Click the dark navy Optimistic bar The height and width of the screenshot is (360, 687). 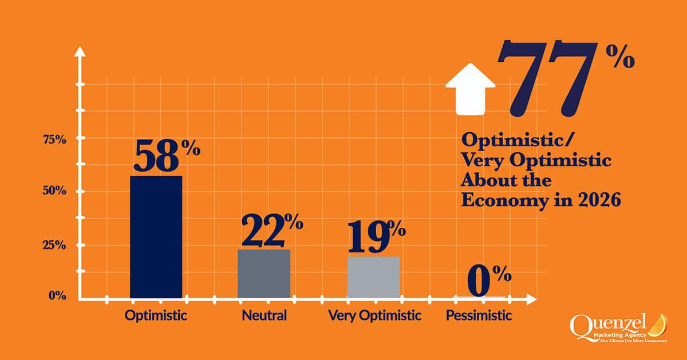point(156,236)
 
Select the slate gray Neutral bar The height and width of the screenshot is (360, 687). point(264,273)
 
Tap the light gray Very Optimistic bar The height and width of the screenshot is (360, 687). point(373,277)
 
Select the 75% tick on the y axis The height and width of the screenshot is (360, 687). point(54,139)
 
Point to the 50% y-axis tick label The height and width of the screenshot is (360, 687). point(54,191)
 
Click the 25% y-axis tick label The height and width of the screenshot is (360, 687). point(54,244)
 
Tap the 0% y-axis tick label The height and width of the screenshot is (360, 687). point(57,296)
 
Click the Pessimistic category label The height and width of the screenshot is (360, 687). point(479,315)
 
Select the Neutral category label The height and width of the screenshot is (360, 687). point(264,315)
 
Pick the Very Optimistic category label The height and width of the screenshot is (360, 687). point(374,315)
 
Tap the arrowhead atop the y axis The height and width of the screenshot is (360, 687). point(81,52)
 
